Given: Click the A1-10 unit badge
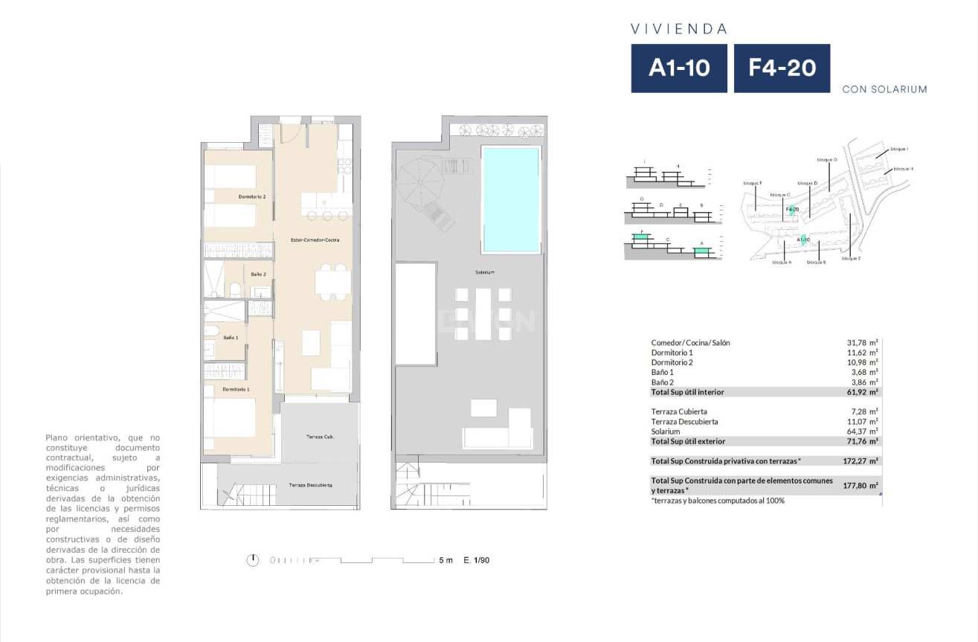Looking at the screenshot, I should pyautogui.click(x=678, y=68).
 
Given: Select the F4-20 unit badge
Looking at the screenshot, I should pyautogui.click(x=782, y=68).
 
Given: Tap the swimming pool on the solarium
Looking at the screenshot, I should pyautogui.click(x=510, y=199).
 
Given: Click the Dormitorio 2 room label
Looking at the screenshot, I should pyautogui.click(x=252, y=196).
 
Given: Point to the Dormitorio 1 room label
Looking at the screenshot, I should pyautogui.click(x=236, y=389).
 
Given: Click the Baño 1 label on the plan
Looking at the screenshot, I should pyautogui.click(x=231, y=338).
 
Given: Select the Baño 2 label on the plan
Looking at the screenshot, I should pyautogui.click(x=258, y=274).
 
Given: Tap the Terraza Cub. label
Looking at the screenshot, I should pyautogui.click(x=320, y=437).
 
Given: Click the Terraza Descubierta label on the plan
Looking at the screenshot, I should pyautogui.click(x=310, y=485).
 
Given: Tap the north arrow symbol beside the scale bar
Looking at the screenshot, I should pyautogui.click(x=254, y=559).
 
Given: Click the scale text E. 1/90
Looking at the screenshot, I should pyautogui.click(x=476, y=560).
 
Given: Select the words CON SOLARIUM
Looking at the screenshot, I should pyautogui.click(x=884, y=89).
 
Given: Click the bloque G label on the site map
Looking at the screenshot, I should pyautogui.click(x=827, y=160).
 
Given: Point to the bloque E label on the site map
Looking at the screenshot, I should pyautogui.click(x=851, y=259).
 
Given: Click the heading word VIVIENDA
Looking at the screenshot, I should pyautogui.click(x=678, y=30).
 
